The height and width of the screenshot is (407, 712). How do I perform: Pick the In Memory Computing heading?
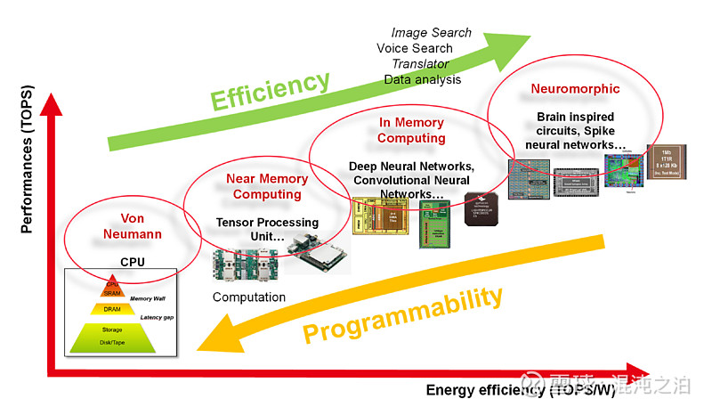pyautogui.click(x=410, y=130)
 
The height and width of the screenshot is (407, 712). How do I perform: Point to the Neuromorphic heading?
pyautogui.click(x=575, y=89)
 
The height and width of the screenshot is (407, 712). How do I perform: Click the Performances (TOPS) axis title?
pyautogui.click(x=28, y=164)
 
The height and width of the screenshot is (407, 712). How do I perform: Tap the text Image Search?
pyautogui.click(x=432, y=33)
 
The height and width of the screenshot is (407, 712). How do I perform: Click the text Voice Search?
pyautogui.click(x=415, y=48)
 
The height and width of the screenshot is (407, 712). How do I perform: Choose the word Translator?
pyautogui.click(x=420, y=64)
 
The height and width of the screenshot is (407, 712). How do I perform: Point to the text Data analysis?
pyautogui.click(x=423, y=80)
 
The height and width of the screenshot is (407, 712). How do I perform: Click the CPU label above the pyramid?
pyautogui.click(x=132, y=263)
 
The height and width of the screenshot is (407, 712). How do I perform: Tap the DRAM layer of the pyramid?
pyautogui.click(x=112, y=309)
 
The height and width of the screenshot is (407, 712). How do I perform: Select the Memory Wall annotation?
pyautogui.click(x=152, y=299)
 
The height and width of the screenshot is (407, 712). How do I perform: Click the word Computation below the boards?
pyautogui.click(x=249, y=297)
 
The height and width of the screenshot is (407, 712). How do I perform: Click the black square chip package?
pyautogui.click(x=481, y=208)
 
